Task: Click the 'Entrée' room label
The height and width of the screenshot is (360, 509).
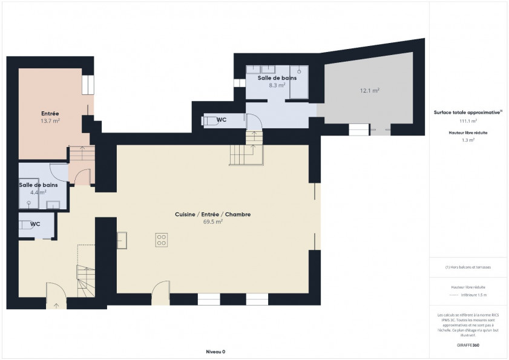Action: point(50,114)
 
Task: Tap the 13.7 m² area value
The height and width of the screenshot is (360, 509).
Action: point(50,121)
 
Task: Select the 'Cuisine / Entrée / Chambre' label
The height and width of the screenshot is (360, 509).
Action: point(212,215)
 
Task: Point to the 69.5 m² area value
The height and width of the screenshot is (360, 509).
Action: point(212,222)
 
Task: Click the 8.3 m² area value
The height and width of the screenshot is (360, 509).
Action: point(277,85)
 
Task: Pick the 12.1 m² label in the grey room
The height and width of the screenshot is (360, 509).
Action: point(369,91)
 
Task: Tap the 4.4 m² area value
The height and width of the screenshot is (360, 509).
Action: point(38,192)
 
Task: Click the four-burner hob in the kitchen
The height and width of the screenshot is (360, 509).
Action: point(162,239)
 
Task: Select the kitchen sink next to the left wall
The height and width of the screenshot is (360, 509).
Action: point(122,240)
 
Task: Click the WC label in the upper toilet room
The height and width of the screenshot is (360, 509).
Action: point(222,120)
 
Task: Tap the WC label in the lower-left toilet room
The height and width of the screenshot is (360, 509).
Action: point(35,224)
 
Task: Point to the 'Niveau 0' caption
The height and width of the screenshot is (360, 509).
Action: point(215,352)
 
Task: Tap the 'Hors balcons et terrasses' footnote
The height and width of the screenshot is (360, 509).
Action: point(468,267)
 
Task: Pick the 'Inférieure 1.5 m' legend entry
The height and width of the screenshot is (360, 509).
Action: point(474,295)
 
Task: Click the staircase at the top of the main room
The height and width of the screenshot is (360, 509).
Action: point(248,151)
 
